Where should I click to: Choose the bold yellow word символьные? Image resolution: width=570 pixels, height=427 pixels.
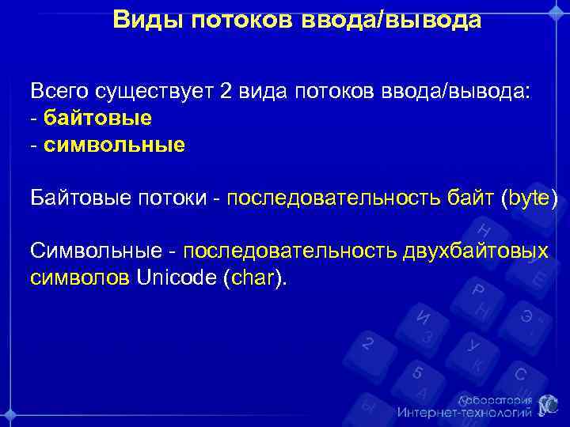(115, 145)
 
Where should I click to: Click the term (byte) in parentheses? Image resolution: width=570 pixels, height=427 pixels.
(530, 198)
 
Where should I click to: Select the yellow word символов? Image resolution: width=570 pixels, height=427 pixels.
(80, 278)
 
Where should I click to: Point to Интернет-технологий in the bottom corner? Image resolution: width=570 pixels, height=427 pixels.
(465, 413)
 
